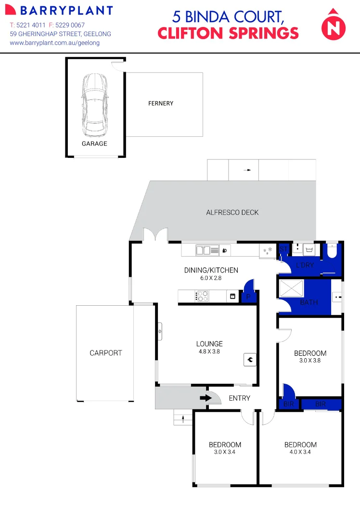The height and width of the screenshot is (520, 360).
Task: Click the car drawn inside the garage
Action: point(95,105)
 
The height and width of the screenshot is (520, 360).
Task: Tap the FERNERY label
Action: point(161,104)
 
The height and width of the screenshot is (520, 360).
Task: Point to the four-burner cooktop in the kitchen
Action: point(202,296)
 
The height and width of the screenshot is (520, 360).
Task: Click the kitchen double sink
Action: point(207,250)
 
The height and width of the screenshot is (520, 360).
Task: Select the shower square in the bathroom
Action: point(291,289)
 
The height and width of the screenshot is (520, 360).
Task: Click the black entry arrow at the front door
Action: point(206,398)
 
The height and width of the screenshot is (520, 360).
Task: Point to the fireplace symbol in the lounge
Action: point(250,359)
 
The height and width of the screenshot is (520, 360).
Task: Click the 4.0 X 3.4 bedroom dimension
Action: point(300,452)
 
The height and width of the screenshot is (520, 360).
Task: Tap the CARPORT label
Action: point(106,353)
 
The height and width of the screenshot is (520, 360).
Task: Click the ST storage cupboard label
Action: point(283,249)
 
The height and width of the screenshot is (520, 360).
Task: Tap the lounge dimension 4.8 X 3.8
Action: point(209,351)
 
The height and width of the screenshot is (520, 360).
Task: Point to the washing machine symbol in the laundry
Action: point(309,249)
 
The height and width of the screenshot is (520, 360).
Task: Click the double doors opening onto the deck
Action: point(155,235)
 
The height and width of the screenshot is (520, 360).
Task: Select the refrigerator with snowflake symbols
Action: point(268,250)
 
